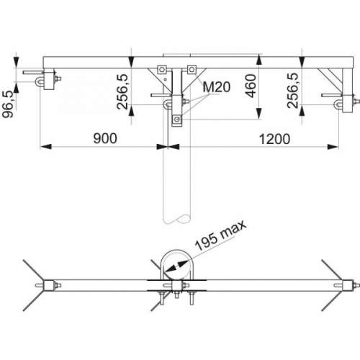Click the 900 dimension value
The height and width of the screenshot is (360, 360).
point(105,138)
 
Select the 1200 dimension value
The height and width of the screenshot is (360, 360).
point(274,139)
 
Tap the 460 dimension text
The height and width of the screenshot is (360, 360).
point(251,86)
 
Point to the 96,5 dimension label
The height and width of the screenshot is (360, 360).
point(8,104)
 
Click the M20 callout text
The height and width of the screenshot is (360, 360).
point(217,87)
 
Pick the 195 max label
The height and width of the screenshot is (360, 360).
point(220,235)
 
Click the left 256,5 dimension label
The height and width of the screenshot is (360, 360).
point(122,91)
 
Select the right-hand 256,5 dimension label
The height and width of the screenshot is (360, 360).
point(293,90)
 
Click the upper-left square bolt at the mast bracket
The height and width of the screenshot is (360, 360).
point(162,70)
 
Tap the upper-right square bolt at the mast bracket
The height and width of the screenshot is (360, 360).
point(192,70)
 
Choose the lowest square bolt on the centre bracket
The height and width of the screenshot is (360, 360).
point(177,119)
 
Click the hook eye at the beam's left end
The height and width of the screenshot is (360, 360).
point(39,81)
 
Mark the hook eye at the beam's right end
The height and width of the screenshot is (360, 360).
point(338,104)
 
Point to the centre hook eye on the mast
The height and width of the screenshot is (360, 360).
point(167,104)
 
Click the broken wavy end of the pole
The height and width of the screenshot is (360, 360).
point(177,218)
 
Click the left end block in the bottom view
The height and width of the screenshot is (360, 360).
point(48,286)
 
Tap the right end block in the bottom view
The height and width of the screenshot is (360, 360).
point(348,286)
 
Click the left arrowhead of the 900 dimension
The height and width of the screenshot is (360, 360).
point(45,146)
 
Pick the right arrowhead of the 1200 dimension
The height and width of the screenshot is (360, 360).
point(333,147)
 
